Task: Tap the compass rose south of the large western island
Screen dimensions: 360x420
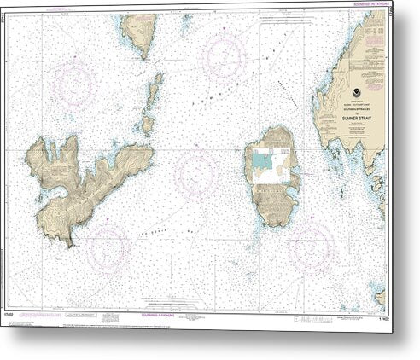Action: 108,247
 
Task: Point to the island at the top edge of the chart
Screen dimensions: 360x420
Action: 138,32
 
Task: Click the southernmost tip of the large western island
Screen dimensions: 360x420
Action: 68,242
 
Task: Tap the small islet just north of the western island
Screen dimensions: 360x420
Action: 148,124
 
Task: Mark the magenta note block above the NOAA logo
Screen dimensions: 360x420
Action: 374,34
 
